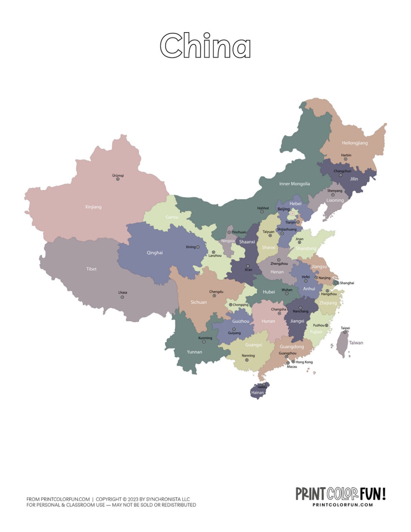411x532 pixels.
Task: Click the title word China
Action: pyautogui.click(x=205, y=46)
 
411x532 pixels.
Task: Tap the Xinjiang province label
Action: pyautogui.click(x=93, y=207)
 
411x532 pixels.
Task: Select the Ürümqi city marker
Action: pyautogui.click(x=118, y=179)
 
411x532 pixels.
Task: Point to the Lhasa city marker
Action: pyautogui.click(x=122, y=297)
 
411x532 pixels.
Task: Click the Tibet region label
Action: pyautogui.click(x=91, y=269)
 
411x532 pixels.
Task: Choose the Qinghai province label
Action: pyautogui.click(x=154, y=253)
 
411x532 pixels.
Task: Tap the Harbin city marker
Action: pyautogui.click(x=346, y=159)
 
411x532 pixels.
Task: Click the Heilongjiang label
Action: pyautogui.click(x=354, y=143)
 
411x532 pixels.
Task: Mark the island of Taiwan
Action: pyautogui.click(x=342, y=344)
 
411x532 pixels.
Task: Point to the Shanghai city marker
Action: pyautogui.click(x=336, y=283)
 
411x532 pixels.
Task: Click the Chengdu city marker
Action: pyautogui.click(x=214, y=296)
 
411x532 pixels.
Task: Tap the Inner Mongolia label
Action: pyautogui.click(x=294, y=184)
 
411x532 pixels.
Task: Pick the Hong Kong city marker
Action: pyautogui.click(x=293, y=362)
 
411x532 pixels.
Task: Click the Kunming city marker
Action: pyautogui.click(x=204, y=342)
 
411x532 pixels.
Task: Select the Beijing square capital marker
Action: pyautogui.click(x=292, y=214)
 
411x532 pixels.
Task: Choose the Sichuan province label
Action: pyautogui.click(x=199, y=302)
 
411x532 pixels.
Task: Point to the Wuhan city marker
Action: pyautogui.click(x=287, y=294)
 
